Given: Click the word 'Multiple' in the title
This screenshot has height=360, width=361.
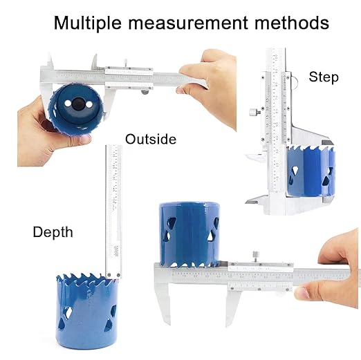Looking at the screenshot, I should click(x=87, y=22).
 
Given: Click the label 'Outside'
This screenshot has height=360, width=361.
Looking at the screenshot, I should click(x=151, y=140).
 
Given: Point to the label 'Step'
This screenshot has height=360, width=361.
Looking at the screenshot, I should click(x=324, y=77).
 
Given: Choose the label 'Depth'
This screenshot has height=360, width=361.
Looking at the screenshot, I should click(x=53, y=232).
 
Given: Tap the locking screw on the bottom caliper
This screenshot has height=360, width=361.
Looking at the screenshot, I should click(x=254, y=255).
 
